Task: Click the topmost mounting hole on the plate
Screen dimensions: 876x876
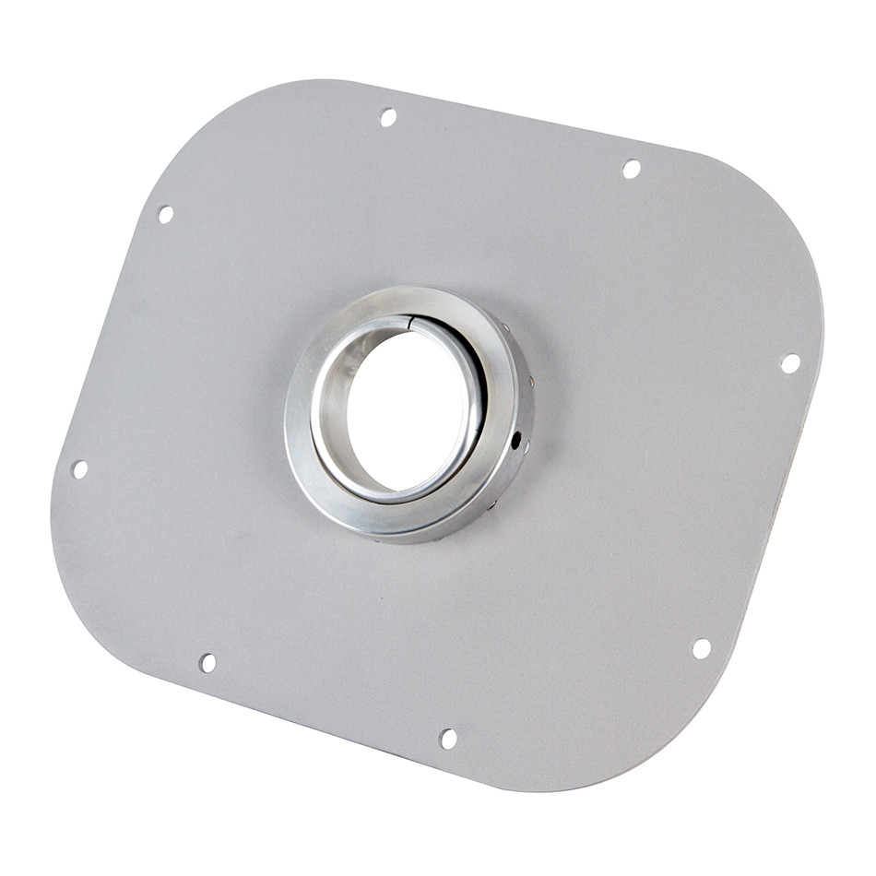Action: [x=388, y=117]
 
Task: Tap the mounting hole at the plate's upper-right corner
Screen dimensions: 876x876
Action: [x=632, y=169]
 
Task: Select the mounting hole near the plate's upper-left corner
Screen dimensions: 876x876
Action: [x=165, y=214]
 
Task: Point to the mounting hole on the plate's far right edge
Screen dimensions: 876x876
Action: [x=790, y=363]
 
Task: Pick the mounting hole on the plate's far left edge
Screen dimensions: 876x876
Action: [x=79, y=469]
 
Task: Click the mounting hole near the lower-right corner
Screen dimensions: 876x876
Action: [x=702, y=648]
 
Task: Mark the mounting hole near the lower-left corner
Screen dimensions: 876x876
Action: [x=207, y=663]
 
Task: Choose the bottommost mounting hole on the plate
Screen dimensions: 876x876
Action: [x=448, y=739]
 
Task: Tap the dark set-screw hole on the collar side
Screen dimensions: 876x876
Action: [x=515, y=439]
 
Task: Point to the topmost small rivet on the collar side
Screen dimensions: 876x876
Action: [x=504, y=326]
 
